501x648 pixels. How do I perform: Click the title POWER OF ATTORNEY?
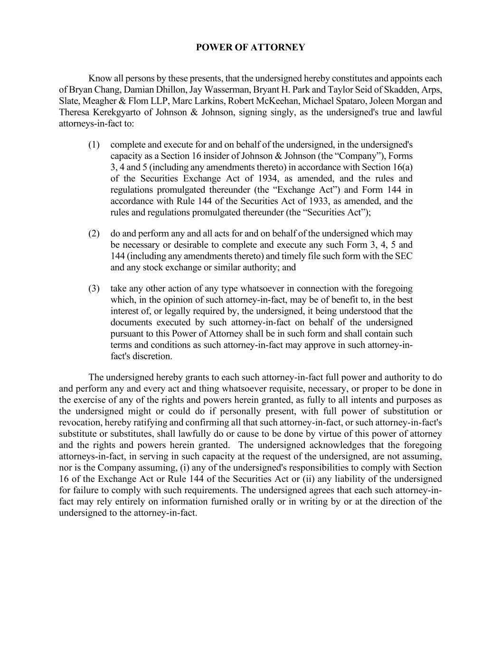click(250, 47)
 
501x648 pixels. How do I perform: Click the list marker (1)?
click(94, 145)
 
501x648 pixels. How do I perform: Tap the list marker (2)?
click(94, 234)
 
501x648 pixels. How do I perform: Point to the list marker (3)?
click(94, 289)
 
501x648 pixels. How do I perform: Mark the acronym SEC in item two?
click(404, 256)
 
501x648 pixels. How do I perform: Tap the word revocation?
click(80, 423)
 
